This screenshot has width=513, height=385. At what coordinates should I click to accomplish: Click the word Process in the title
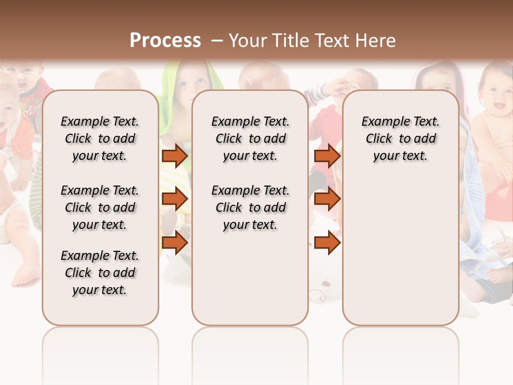pos(165,40)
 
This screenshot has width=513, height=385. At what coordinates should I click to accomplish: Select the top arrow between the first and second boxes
pos(175,156)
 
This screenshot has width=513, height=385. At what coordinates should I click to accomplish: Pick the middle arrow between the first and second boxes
pos(175,199)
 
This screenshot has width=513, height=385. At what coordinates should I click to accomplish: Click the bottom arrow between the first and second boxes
pos(175,243)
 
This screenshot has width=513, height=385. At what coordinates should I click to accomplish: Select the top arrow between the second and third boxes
pos(327,156)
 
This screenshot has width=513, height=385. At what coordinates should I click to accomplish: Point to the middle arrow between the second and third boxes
pos(327,199)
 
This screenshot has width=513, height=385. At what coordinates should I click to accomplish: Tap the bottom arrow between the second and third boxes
pos(327,243)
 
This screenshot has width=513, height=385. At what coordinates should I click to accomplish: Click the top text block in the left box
pos(100,138)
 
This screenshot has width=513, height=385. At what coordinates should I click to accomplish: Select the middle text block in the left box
pos(100,207)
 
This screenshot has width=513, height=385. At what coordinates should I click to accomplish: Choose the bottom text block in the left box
pos(100,273)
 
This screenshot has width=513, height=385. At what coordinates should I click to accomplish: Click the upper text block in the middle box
pos(250,138)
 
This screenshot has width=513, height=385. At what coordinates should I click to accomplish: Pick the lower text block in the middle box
pos(250,207)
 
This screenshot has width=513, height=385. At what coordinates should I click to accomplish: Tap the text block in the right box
pos(400,138)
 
